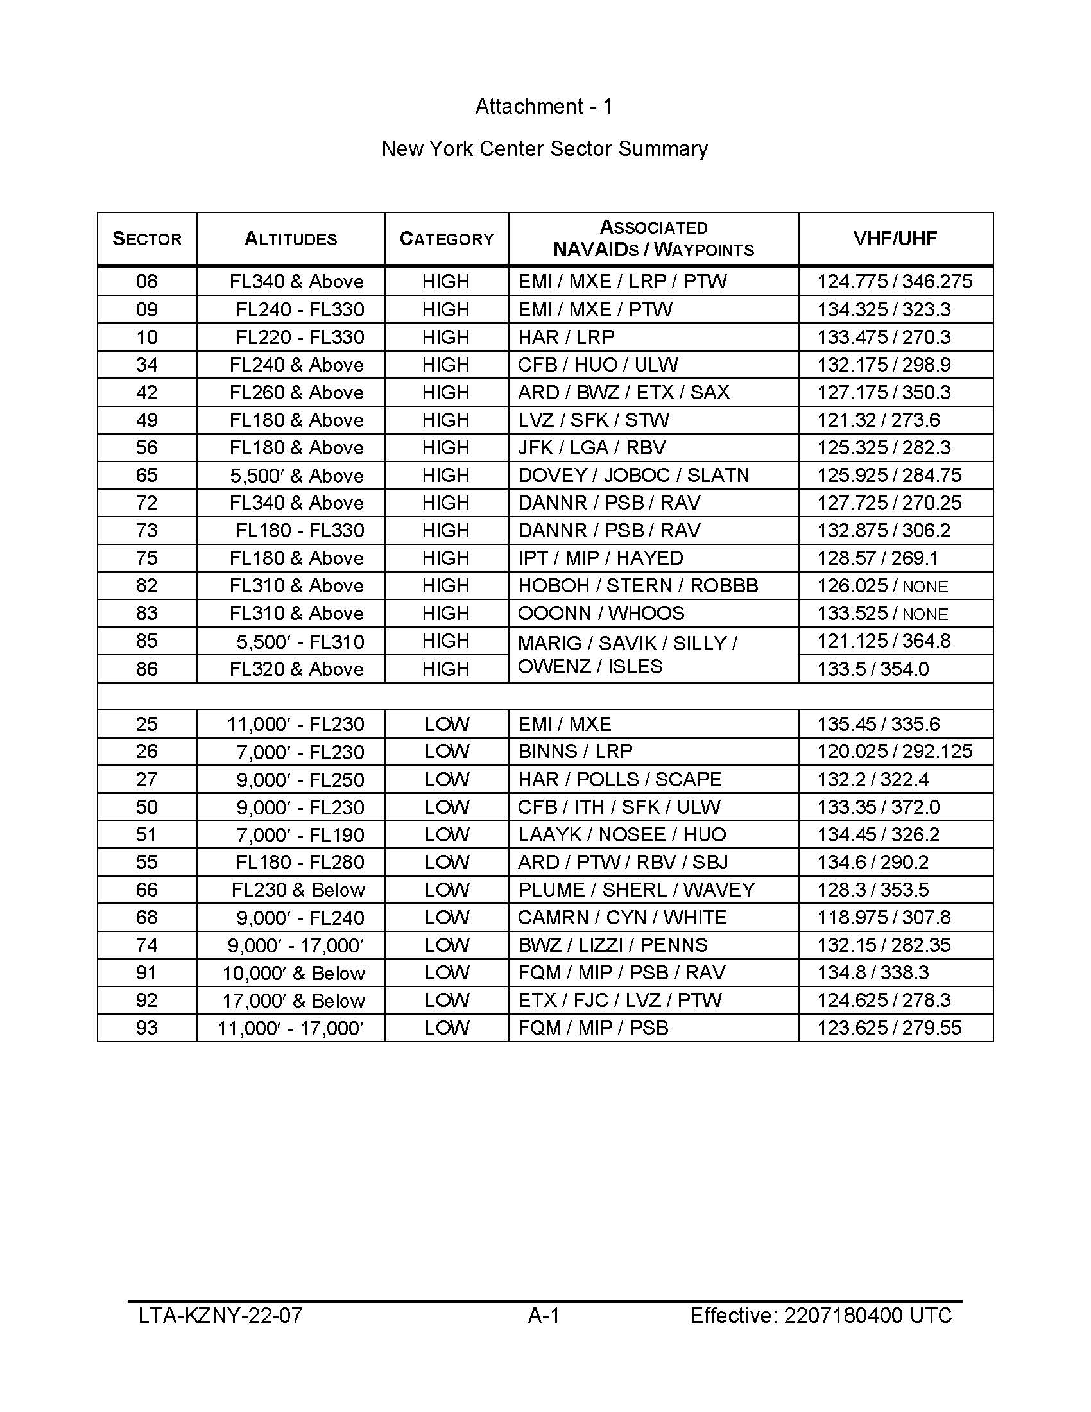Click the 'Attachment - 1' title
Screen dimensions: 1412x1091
(544, 106)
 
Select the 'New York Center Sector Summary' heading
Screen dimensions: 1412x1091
(544, 149)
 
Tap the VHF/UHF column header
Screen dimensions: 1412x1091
(895, 239)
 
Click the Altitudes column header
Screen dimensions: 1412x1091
(290, 239)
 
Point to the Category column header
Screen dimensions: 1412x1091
(446, 239)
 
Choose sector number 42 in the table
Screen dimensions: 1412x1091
(147, 392)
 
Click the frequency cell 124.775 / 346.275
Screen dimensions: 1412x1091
(895, 282)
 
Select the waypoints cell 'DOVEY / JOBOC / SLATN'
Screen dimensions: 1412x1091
(633, 475)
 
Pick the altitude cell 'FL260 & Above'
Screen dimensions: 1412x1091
(296, 392)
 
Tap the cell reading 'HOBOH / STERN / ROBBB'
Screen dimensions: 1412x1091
(637, 586)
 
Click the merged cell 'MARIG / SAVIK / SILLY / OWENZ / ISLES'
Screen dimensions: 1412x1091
(627, 654)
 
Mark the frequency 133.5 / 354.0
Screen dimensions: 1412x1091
(873, 669)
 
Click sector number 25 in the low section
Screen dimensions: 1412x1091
(147, 724)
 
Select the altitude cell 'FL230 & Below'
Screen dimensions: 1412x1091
(298, 890)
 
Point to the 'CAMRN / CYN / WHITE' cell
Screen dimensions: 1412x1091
(622, 917)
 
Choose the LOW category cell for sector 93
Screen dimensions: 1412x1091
(447, 1028)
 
